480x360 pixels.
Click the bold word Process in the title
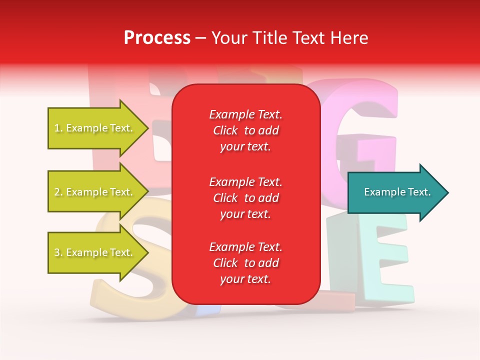click(x=157, y=38)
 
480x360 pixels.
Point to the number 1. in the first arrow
click(x=58, y=128)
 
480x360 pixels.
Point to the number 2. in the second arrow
click(x=58, y=192)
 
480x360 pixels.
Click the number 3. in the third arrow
click(x=58, y=253)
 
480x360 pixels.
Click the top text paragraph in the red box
click(x=245, y=130)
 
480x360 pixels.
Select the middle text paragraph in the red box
click(x=245, y=198)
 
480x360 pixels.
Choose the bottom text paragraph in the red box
click(x=245, y=263)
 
